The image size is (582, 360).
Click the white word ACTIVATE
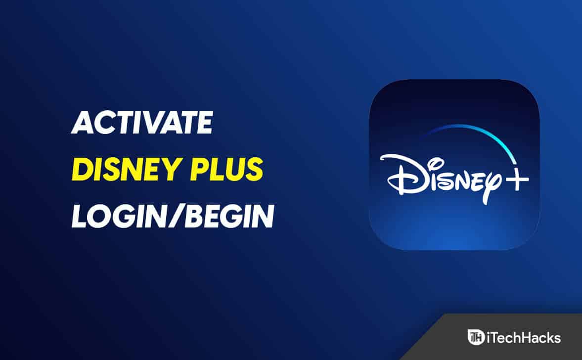[142, 122]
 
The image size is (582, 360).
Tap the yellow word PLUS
[226, 169]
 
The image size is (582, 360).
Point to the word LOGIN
[118, 216]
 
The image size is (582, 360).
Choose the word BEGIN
[230, 216]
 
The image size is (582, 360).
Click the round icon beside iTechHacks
[476, 337]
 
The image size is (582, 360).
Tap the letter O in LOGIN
[101, 216]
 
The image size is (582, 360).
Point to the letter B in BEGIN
[194, 216]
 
